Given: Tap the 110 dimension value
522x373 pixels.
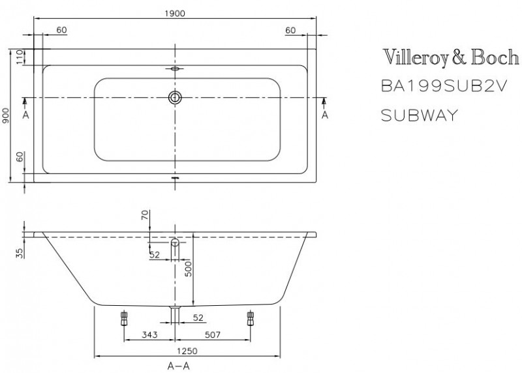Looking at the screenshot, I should coord(20,57).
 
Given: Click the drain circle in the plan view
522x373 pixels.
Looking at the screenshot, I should coord(175,98).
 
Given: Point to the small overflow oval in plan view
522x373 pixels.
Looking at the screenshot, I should coord(175,68).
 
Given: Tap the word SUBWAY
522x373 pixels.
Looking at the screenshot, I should coord(418,115).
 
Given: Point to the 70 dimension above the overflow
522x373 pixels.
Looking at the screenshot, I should coord(145,215).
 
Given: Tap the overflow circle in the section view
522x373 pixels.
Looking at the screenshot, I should coord(175,243).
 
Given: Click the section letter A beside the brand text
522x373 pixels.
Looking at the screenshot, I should coord(324,115).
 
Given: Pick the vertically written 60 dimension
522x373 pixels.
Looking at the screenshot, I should coord(20,157).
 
